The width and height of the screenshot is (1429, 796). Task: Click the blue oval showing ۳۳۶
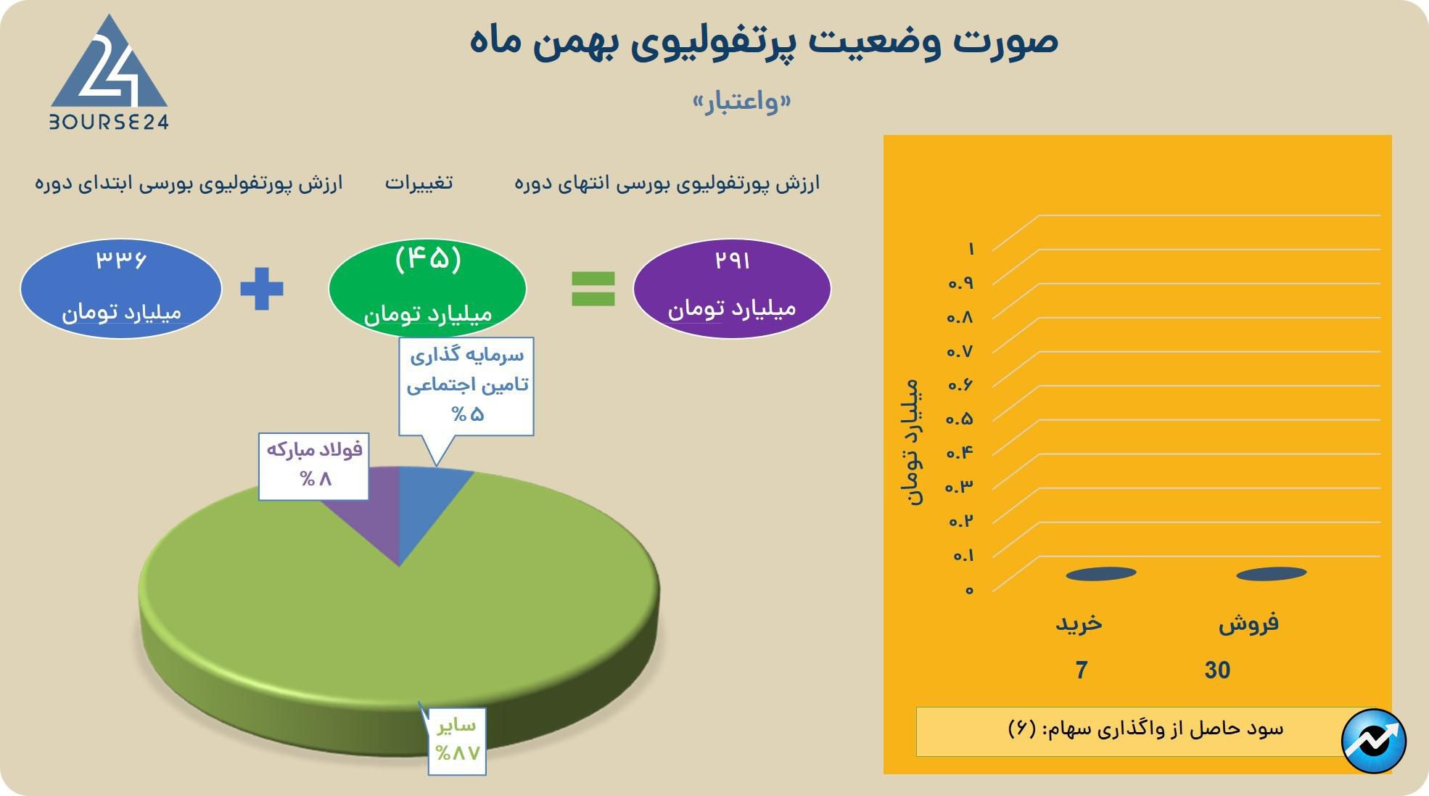(x=120, y=288)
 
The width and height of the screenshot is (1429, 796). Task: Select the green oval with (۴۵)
(x=427, y=288)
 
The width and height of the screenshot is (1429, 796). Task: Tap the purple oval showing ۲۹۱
(x=731, y=288)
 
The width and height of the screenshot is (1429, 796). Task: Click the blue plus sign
(x=262, y=289)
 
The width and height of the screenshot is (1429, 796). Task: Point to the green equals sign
(x=593, y=289)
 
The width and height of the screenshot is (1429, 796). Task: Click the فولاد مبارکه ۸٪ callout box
(x=313, y=466)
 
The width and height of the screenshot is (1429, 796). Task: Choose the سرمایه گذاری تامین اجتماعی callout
(x=466, y=385)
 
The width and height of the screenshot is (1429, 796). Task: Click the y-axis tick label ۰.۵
(x=959, y=419)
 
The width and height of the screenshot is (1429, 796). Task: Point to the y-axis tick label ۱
(x=971, y=249)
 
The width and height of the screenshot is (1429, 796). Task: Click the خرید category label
(x=1079, y=623)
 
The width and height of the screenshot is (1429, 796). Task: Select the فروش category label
(x=1248, y=623)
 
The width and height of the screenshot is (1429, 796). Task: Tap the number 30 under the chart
(x=1217, y=670)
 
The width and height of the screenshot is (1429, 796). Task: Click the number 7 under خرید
(x=1082, y=670)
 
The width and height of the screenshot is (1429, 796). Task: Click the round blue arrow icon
(x=1374, y=741)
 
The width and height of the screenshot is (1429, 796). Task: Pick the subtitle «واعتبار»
(x=741, y=102)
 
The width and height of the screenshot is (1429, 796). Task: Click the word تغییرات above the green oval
(x=419, y=182)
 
